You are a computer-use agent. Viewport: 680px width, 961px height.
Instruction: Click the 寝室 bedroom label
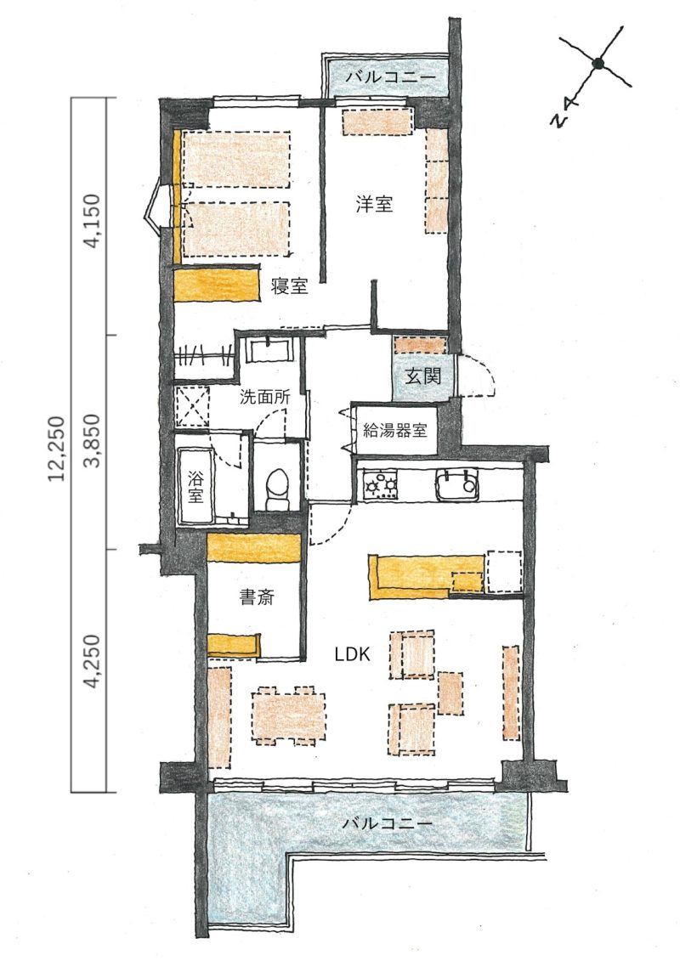289,285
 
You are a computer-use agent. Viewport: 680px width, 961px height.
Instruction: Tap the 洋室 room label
374,203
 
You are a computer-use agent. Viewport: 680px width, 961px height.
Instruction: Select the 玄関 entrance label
422,375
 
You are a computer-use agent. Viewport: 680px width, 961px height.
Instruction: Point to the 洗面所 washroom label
264,397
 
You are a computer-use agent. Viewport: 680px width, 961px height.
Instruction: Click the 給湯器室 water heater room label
395,430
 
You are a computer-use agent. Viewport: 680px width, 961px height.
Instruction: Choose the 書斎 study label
257,597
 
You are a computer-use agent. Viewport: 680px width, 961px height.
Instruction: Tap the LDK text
352,654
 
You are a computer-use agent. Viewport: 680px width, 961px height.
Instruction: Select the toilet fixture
278,489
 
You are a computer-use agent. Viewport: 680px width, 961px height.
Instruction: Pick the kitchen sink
456,483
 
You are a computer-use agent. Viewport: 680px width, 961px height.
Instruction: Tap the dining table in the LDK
288,715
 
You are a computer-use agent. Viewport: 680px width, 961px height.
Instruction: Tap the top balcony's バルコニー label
390,78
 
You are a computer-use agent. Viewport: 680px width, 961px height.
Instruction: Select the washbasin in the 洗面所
269,352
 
